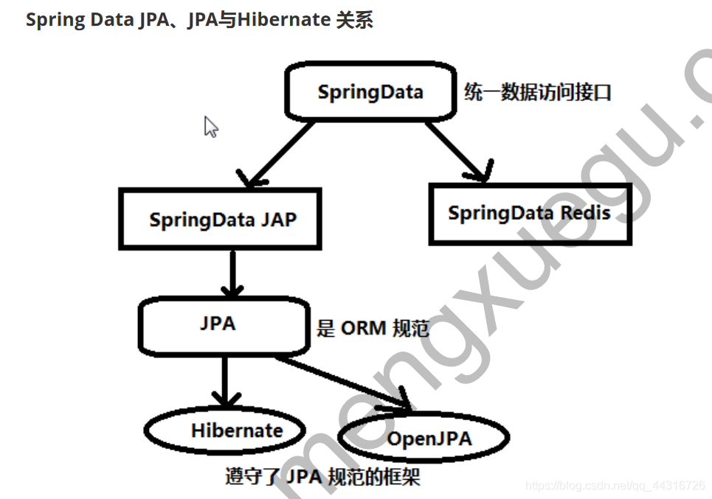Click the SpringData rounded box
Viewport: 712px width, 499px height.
click(370, 92)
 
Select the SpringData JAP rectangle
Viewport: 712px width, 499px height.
click(221, 219)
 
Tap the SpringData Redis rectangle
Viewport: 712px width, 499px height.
click(530, 214)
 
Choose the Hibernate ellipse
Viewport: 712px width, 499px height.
click(225, 430)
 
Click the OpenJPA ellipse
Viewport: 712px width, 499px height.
click(424, 439)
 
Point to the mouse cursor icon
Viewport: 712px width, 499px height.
click(211, 127)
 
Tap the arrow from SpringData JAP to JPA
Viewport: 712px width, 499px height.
click(233, 273)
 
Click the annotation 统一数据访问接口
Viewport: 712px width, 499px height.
click(538, 93)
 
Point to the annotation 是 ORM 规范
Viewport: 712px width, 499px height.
click(373, 329)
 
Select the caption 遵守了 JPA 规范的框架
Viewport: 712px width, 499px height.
click(322, 477)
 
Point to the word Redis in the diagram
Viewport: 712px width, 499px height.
click(585, 213)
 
